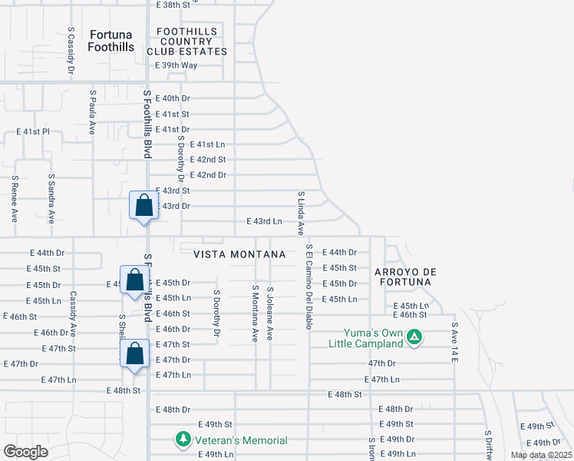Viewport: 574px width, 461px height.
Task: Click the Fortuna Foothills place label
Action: (111, 41)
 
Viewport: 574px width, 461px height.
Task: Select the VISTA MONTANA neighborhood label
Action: (239, 254)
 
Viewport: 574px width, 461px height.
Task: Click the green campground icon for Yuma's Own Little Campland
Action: (414, 336)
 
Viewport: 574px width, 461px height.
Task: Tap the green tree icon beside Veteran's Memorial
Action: (183, 440)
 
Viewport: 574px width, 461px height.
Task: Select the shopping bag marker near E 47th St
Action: (135, 354)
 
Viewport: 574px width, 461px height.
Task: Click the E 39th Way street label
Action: (176, 65)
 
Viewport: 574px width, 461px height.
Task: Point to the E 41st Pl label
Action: (33, 132)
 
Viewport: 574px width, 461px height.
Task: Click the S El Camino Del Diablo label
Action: (309, 287)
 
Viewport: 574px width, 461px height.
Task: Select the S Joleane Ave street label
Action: (269, 313)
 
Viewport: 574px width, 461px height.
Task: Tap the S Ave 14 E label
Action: (454, 343)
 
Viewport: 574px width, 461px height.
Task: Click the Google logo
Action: (25, 452)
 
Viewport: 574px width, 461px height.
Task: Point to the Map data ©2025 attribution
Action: (541, 455)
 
